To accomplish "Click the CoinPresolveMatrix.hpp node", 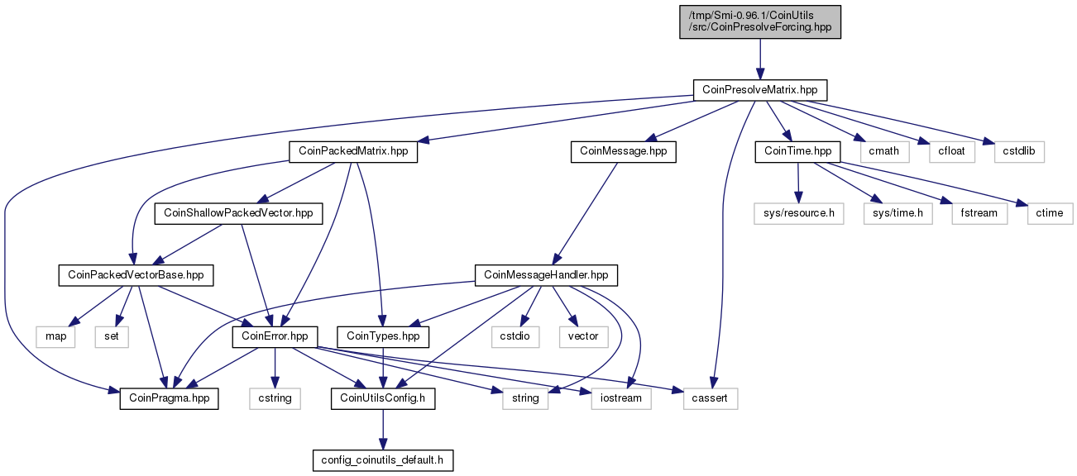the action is (759, 90).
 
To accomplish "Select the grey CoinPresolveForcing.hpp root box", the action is (759, 21).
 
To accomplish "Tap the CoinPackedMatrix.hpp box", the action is (353, 151).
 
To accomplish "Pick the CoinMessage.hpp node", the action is (623, 151).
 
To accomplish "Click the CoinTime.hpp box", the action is (797, 151).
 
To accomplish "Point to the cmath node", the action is (883, 151).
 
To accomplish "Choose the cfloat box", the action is (951, 151).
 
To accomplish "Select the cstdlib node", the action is (1019, 151).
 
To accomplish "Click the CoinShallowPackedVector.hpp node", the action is (238, 213).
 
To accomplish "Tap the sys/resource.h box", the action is (798, 213).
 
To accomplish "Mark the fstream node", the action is (979, 213).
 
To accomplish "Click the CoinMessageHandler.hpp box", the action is (546, 275).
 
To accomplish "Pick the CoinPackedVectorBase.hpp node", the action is (136, 275).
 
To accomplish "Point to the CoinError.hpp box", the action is (275, 336).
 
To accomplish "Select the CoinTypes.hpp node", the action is (383, 336).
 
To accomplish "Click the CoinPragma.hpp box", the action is (169, 398).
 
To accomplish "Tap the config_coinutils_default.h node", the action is (383, 460).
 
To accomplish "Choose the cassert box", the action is (711, 398).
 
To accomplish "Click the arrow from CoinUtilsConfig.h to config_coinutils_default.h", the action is (383, 430).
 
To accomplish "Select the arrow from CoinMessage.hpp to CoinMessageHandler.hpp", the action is (585, 213).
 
